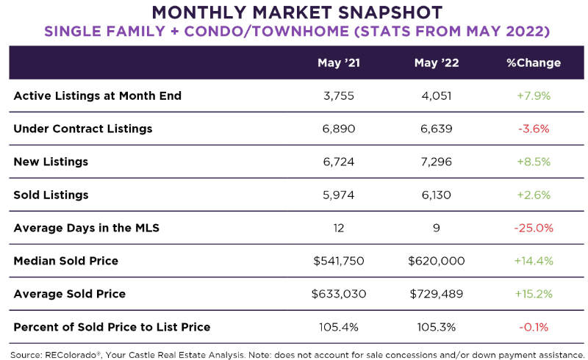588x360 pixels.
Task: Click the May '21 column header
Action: coord(339,62)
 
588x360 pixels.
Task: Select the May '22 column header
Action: coord(437,62)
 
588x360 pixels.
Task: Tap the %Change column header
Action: coord(533,62)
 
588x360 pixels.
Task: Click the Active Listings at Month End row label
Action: coord(97,96)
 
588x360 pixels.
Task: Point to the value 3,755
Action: coord(339,96)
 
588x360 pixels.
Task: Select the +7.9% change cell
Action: coord(533,96)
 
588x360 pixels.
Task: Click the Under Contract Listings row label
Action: coord(83,129)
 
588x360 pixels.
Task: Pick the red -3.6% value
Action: coord(533,129)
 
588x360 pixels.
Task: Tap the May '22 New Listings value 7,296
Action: coord(437,162)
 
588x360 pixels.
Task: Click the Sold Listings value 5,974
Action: coord(339,195)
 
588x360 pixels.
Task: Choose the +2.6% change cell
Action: coord(533,195)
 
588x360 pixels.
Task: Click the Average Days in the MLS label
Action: coord(87,228)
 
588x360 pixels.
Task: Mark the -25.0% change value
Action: coord(533,228)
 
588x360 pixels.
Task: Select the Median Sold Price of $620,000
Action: coord(437,261)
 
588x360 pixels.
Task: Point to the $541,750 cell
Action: coord(339,261)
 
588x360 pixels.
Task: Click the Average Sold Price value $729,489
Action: coord(437,294)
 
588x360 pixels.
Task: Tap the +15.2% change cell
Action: coord(533,294)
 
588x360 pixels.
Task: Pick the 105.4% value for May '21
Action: coord(339,327)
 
